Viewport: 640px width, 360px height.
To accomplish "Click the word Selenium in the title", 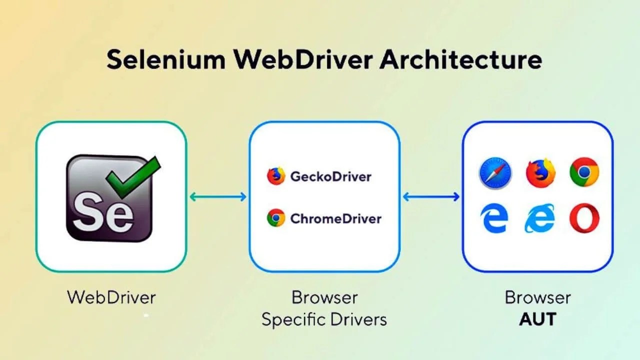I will coord(165,60).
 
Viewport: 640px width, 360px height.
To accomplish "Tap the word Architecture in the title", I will coord(460,60).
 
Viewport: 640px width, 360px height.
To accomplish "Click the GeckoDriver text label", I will coord(330,176).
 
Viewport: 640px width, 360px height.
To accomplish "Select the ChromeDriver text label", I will coord(335,218).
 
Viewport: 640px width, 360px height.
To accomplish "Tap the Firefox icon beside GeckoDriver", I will coord(275,176).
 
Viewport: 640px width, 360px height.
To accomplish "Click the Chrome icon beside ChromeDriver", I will coord(275,218).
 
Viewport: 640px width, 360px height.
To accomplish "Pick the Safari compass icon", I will coord(494,172).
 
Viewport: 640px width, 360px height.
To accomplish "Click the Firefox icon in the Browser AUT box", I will coord(540,172).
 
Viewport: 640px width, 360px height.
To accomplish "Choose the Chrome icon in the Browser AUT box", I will coord(584,172).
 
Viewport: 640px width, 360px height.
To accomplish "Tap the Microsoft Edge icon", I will coord(494,218).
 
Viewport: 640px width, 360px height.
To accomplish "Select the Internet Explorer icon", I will coord(540,218).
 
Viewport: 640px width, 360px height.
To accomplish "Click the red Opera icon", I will coord(584,218).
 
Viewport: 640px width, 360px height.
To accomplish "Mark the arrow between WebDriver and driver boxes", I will coord(218,196).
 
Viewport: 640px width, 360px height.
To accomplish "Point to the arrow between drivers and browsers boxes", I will coord(431,196).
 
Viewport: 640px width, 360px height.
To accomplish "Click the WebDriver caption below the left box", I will coord(111,297).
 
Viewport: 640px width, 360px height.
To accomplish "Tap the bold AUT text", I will coord(537,319).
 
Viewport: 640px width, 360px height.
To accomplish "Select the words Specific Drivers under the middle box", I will coord(324,319).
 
